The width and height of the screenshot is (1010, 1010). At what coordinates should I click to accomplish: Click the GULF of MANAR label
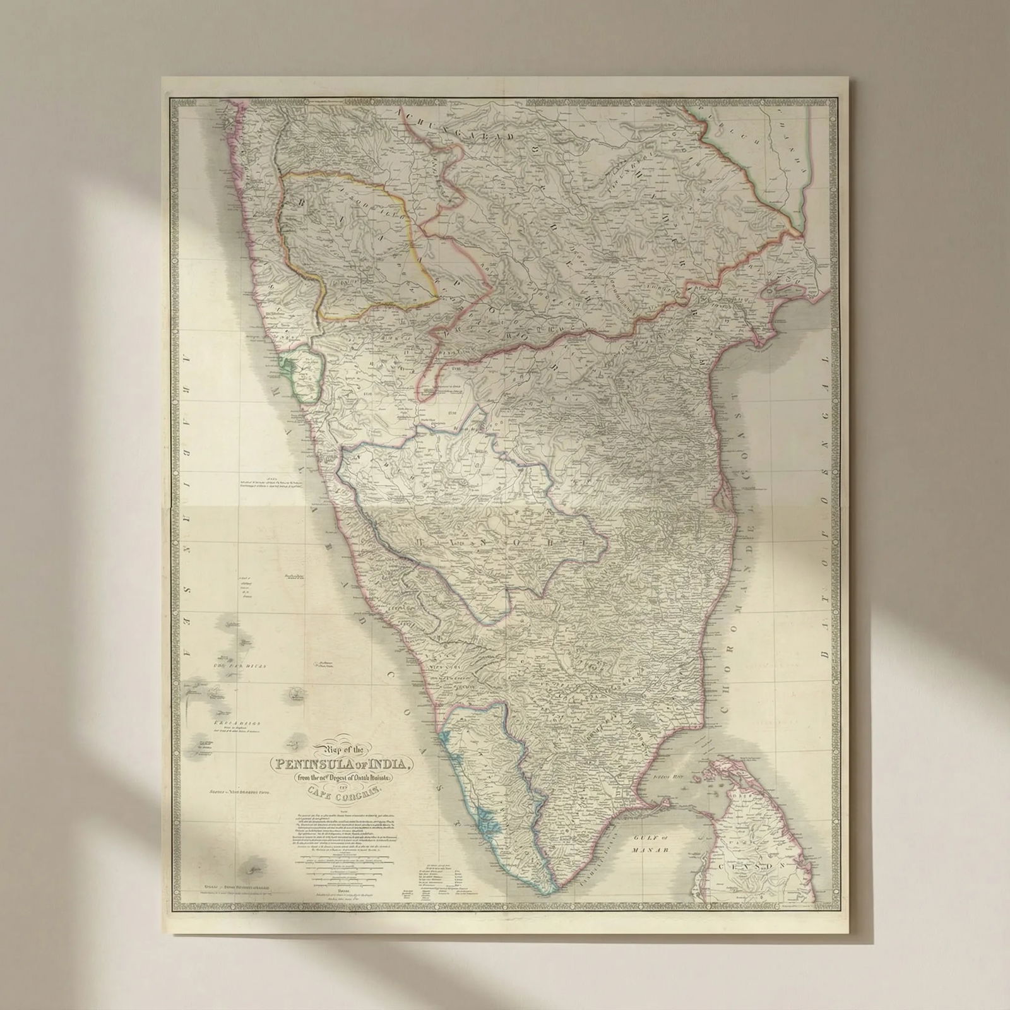pos(650,845)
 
